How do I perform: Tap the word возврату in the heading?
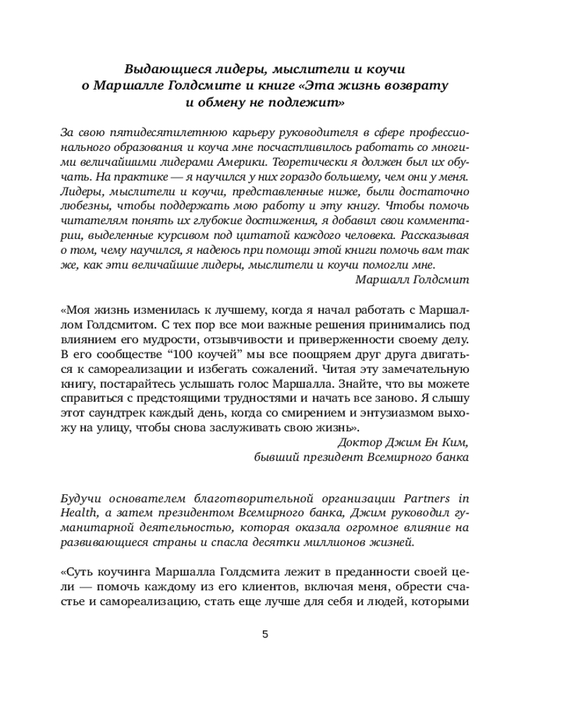tap(415, 85)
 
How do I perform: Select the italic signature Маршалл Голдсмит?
tap(412, 279)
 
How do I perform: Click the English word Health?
tap(77, 513)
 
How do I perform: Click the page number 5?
tap(265, 634)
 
